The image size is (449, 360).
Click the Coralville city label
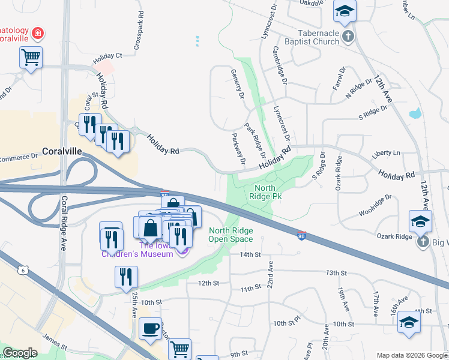tap(61, 152)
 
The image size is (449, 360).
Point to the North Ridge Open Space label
tap(231, 235)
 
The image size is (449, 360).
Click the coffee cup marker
tap(150, 329)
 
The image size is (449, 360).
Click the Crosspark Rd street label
tap(139, 30)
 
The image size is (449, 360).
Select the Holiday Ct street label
tap(107, 59)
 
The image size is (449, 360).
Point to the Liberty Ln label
tap(385, 154)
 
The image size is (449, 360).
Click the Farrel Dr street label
tap(339, 79)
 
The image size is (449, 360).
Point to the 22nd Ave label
tap(271, 274)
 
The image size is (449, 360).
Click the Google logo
tap(20, 353)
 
